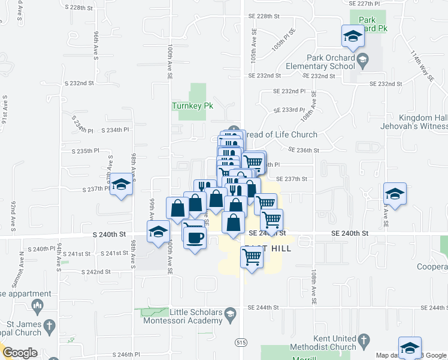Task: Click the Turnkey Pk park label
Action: tap(192, 106)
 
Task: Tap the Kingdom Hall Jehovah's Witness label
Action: tap(414, 122)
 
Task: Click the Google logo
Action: tap(19, 353)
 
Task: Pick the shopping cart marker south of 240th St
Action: tap(252, 257)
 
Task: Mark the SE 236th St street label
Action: tap(302, 150)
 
